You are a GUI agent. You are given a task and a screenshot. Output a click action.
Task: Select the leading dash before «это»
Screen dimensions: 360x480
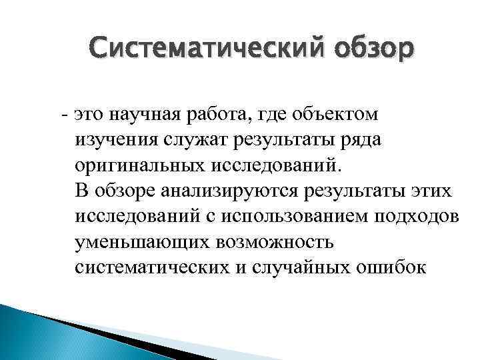pos(63,115)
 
